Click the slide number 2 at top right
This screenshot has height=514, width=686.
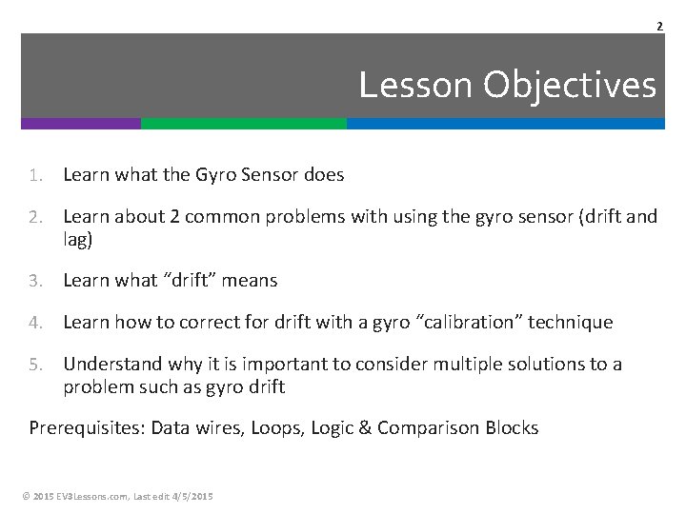(658, 26)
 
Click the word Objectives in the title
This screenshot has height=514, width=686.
(570, 86)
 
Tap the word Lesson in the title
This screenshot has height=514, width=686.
(417, 86)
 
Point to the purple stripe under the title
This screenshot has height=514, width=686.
(81, 124)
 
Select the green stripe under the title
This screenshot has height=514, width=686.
(244, 124)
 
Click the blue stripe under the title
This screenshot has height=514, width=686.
(505, 124)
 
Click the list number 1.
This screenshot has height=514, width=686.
(34, 175)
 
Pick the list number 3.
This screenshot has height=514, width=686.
(34, 281)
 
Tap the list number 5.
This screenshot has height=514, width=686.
(34, 365)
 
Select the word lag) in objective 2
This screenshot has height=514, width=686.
(78, 241)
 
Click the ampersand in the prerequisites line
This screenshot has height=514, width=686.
(365, 428)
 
